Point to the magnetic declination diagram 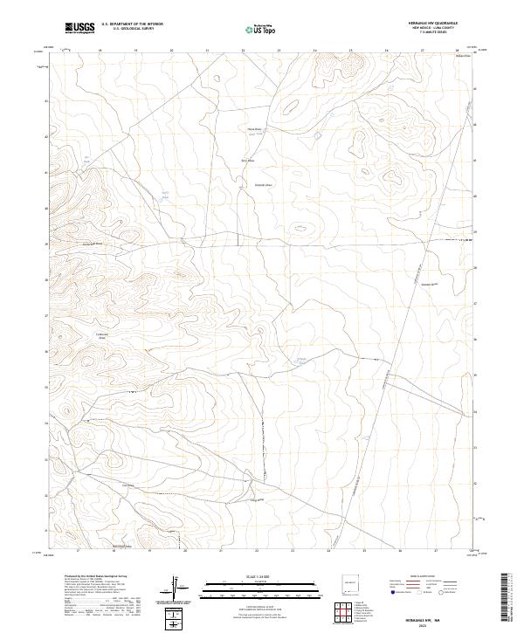[x=175, y=584]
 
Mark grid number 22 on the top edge [x=243, y=51]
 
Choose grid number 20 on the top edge [x=171, y=51]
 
